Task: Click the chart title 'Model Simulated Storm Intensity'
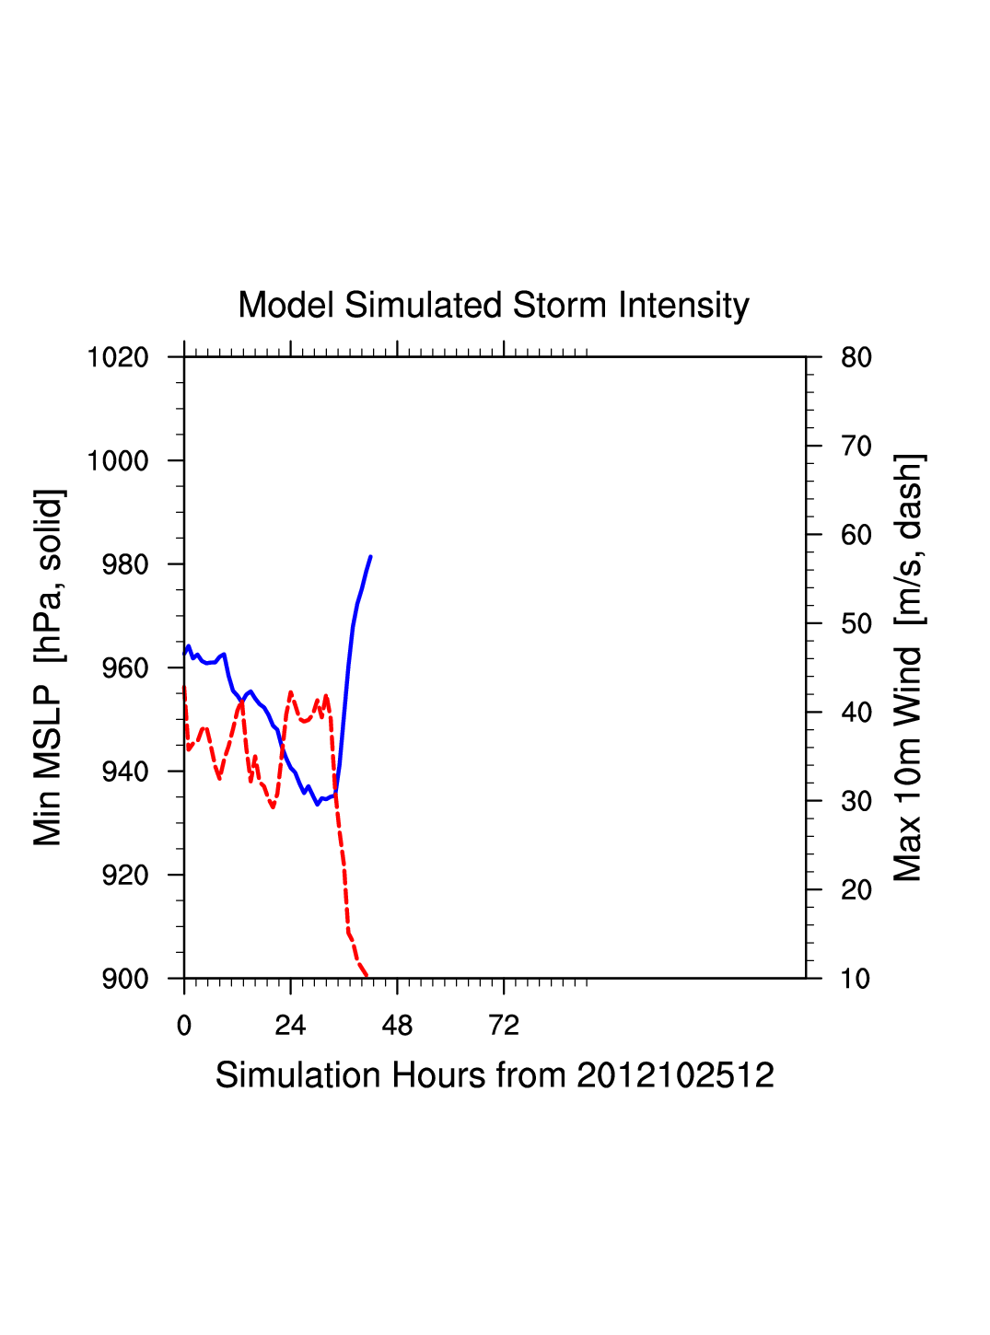tap(494, 306)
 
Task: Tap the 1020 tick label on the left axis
tap(118, 357)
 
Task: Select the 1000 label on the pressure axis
tap(118, 461)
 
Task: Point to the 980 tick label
tap(125, 564)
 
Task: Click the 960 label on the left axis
tap(125, 668)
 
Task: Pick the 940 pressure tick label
tap(125, 772)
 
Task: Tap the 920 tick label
tap(125, 876)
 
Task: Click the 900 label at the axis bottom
tap(125, 979)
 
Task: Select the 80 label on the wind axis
tap(856, 357)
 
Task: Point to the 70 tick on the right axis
tap(856, 447)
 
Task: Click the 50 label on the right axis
tap(856, 624)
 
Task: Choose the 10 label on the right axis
tap(856, 979)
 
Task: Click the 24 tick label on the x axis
tap(290, 1026)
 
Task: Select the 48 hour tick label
tap(397, 1026)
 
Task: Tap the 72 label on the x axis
tap(504, 1026)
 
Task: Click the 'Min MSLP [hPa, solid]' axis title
tap(49, 667)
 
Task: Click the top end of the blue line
tap(370, 557)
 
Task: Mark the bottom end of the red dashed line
tap(367, 976)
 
